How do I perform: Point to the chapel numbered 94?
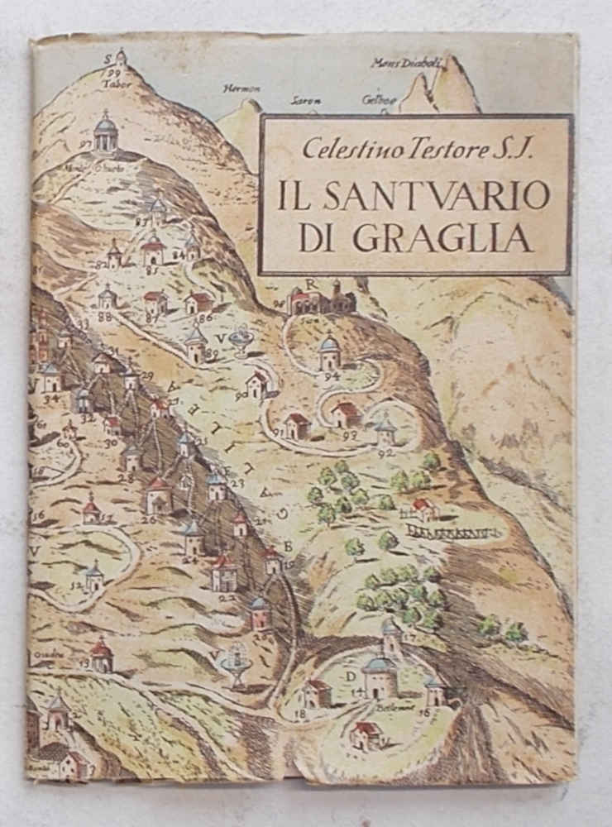330,353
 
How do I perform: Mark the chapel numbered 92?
386,433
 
